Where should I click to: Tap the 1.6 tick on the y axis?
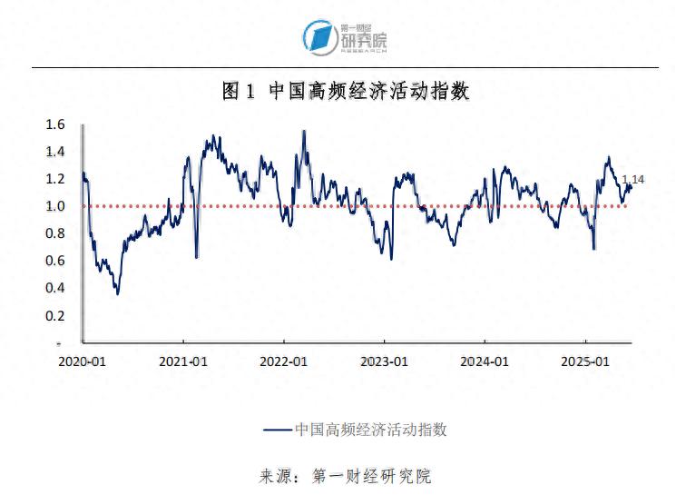[x=56, y=124]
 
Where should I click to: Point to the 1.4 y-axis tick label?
[x=56, y=152]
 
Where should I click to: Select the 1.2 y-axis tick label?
[x=56, y=179]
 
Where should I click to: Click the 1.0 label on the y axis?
[x=56, y=206]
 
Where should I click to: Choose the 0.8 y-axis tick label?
[x=56, y=233]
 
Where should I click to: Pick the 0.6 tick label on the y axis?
[x=56, y=261]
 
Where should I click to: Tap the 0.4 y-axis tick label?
[x=56, y=288]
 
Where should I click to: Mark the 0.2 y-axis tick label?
[x=56, y=315]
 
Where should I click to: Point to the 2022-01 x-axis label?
[x=285, y=361]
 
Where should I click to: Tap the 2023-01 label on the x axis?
[x=385, y=361]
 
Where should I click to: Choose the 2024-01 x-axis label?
[x=485, y=361]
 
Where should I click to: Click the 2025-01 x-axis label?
[x=585, y=361]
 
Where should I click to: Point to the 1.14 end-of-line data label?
[x=632, y=180]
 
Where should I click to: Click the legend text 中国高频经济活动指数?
[x=371, y=429]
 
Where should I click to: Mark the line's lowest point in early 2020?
[x=117, y=293]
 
